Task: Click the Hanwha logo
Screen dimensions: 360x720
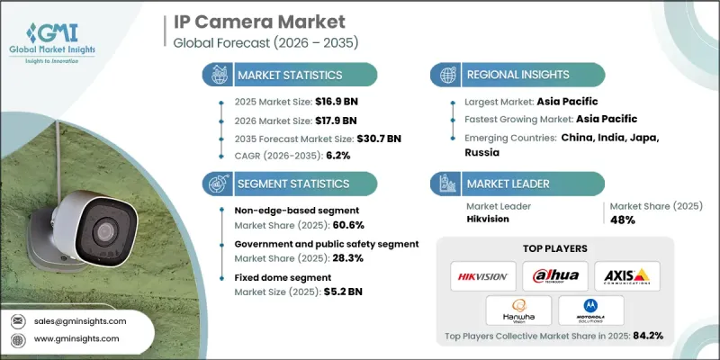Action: (516, 310)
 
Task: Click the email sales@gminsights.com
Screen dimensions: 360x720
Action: (80, 320)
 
